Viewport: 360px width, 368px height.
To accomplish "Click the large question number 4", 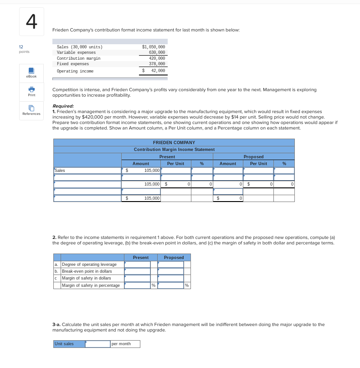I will pos(31,21).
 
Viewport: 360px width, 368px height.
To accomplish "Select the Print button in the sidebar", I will pos(31,91).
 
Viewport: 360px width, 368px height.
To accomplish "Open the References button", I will pos(31,110).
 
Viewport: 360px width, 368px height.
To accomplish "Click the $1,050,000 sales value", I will pos(154,47).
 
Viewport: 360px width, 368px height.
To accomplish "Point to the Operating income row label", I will pos(75,71).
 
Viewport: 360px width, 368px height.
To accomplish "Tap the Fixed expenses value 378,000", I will pos(157,64).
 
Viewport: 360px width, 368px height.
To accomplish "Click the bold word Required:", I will pos(63,106).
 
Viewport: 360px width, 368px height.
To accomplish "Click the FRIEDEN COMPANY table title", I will pos(174,143).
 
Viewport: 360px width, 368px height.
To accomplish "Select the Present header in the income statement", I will pos(167,156).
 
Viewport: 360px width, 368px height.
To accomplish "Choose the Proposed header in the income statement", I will pos(253,156).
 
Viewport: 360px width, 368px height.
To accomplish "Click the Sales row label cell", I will pos(87,171).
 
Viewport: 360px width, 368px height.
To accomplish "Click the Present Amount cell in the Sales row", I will pos(141,171).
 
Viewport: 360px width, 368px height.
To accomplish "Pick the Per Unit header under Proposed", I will pos(258,163).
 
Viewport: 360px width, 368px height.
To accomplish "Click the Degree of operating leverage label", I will pos(89,264).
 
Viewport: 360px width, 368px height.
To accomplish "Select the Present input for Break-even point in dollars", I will pos(137,271).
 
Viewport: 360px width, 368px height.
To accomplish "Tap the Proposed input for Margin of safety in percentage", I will pos(170,285).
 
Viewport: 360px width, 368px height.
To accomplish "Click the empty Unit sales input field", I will pos(98,344).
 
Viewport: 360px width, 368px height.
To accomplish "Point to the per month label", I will pos(121,344).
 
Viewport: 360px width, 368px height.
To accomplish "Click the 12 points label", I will pos(24,49).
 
